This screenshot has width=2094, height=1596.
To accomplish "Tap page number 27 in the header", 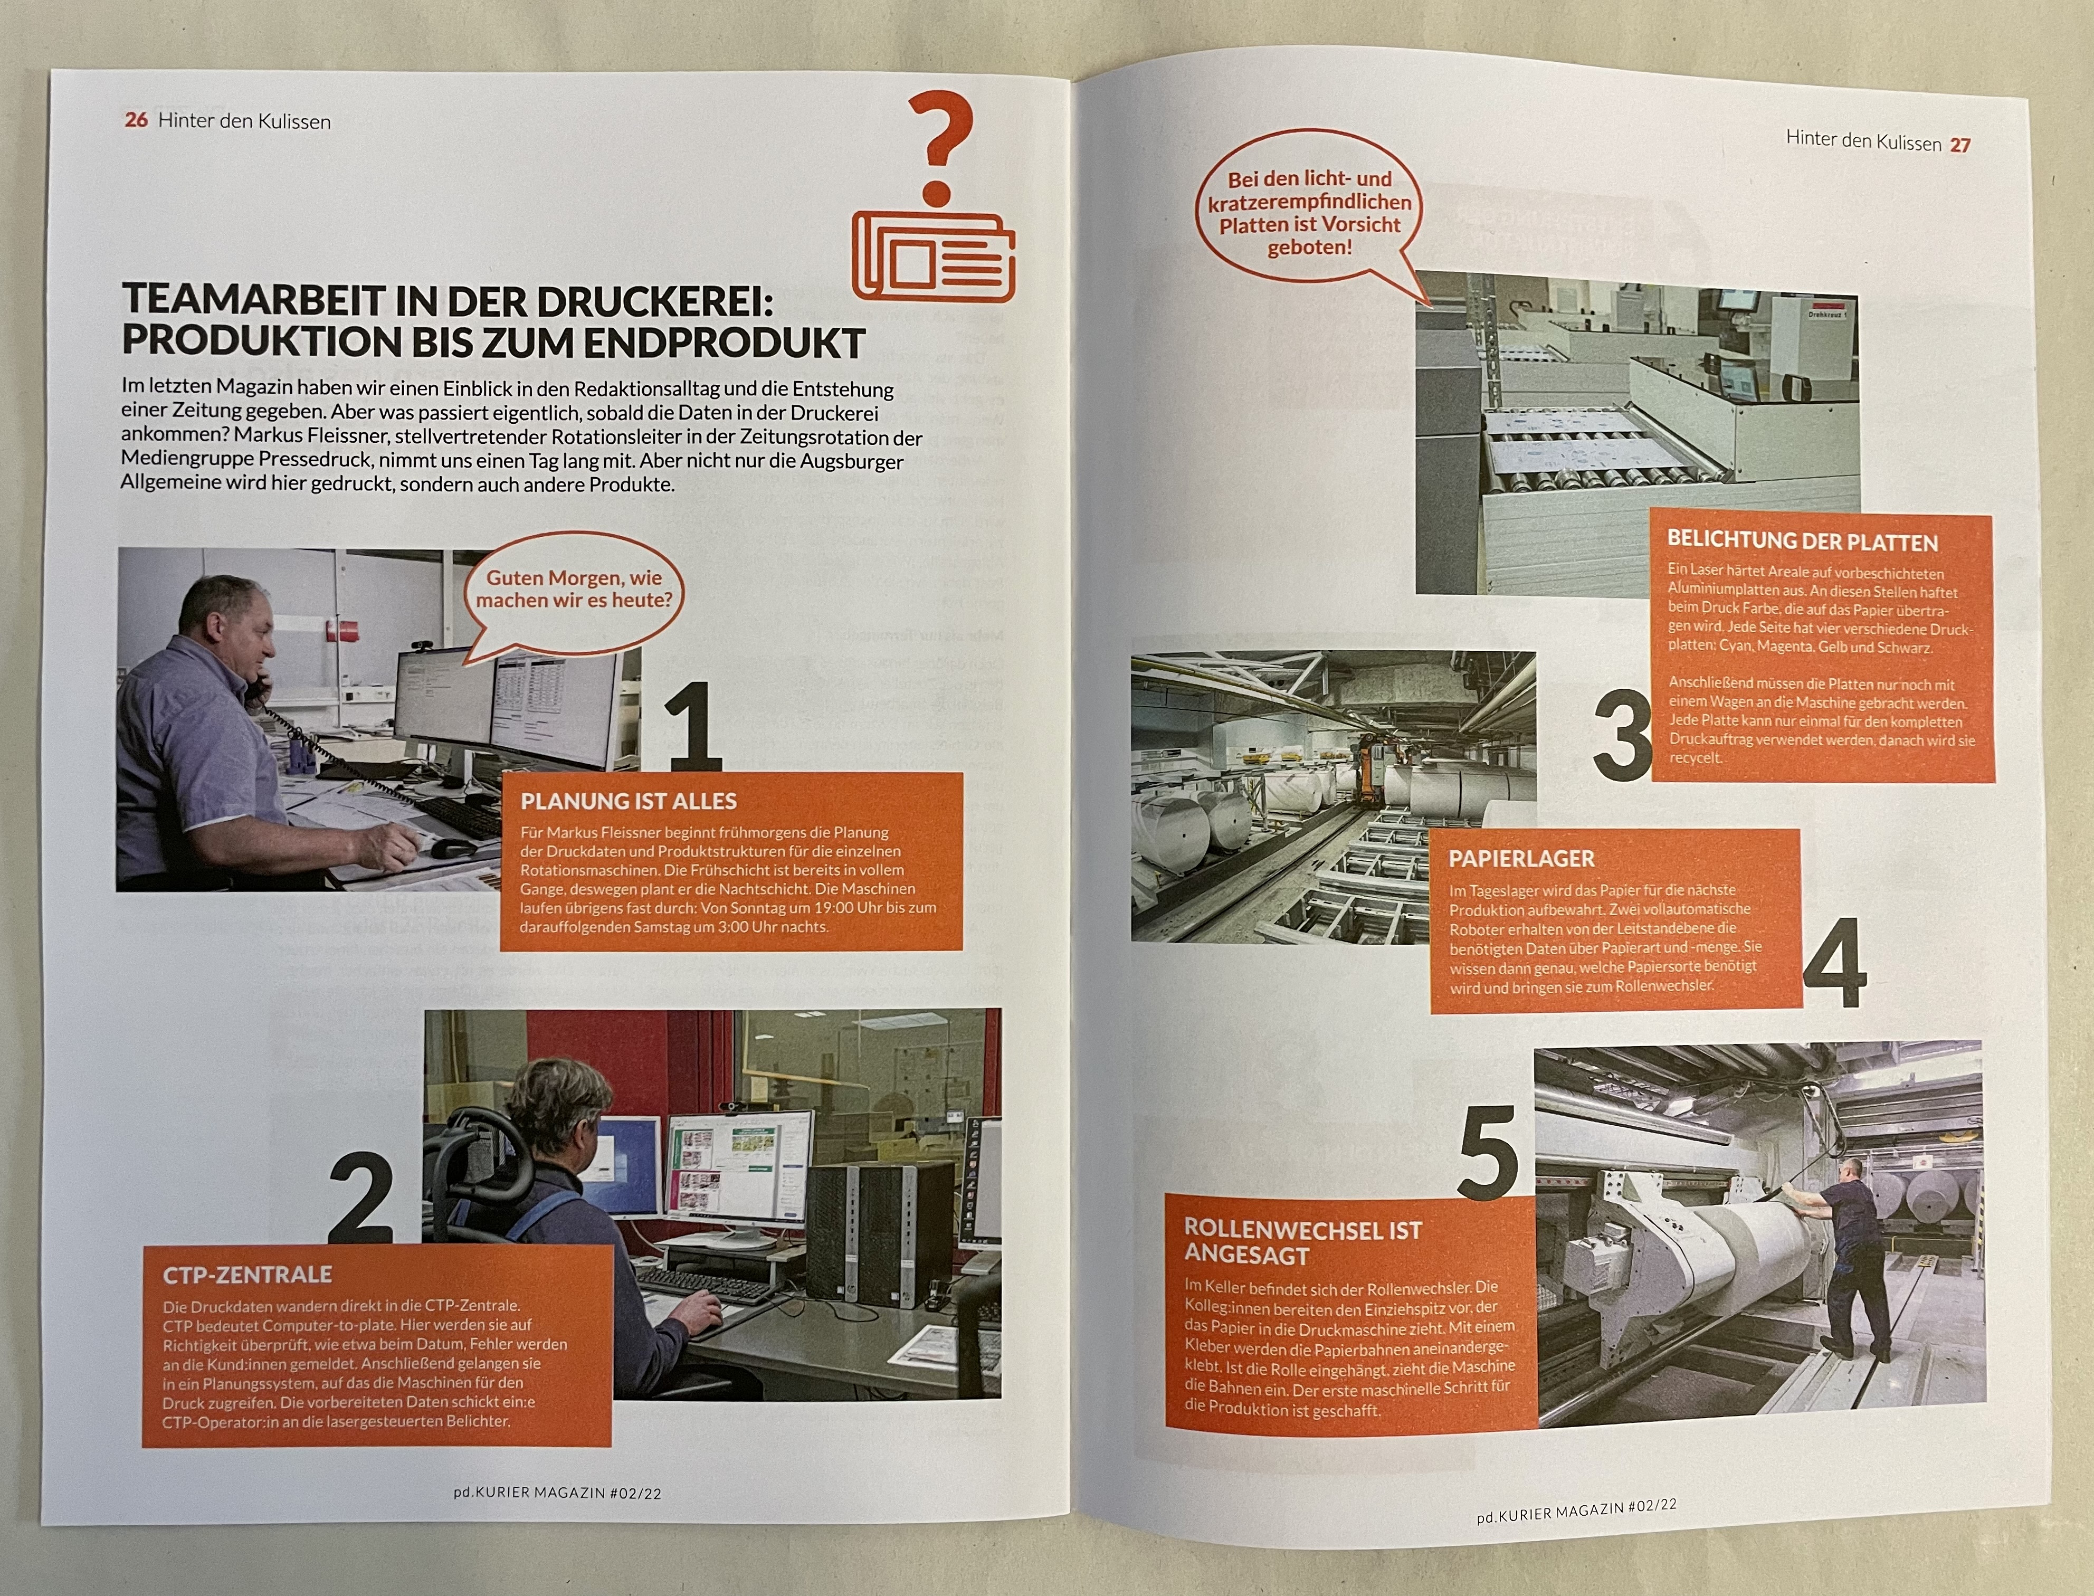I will coord(1960,145).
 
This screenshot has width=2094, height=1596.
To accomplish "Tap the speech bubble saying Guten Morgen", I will coord(574,590).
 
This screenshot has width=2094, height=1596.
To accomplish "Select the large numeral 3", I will coord(1621,735).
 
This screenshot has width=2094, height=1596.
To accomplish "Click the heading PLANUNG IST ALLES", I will coord(629,801).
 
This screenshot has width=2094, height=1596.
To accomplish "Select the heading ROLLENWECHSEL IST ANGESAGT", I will coord(1301,1242).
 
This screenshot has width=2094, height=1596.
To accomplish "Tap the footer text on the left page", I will coord(557,1493).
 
